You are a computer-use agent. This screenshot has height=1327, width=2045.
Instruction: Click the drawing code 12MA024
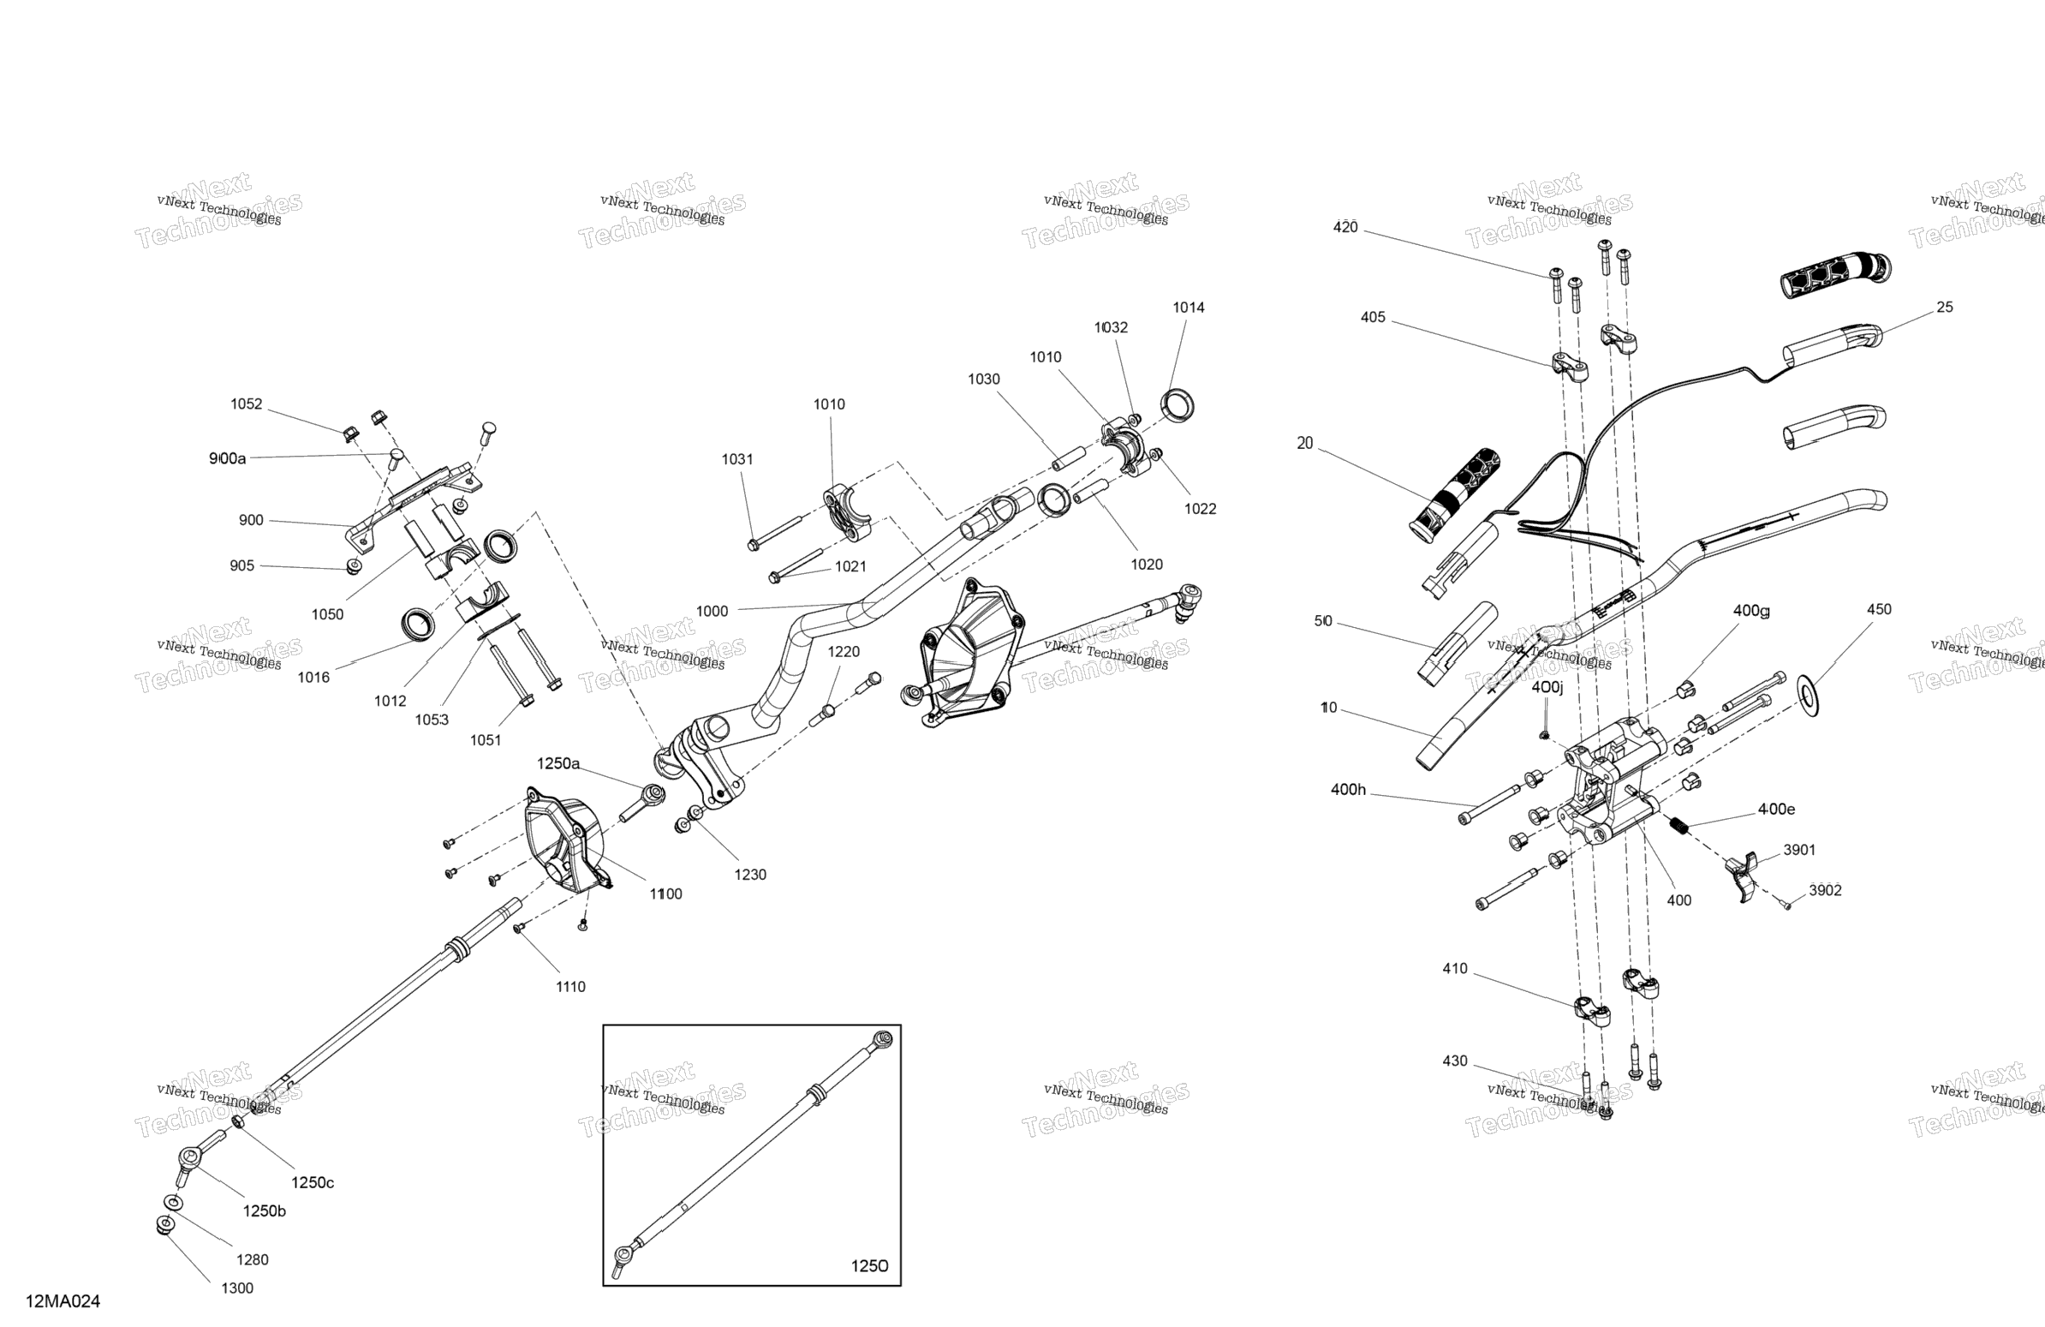click(x=63, y=1301)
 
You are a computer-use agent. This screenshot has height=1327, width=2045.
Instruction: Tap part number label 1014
click(x=1189, y=308)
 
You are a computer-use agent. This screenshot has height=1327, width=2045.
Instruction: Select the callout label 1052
click(x=246, y=404)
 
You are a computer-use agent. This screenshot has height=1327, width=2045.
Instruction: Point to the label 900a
click(x=228, y=459)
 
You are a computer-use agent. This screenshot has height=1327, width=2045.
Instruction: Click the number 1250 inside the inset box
click(x=869, y=1266)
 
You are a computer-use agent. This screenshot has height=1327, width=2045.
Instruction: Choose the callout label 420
click(x=1345, y=227)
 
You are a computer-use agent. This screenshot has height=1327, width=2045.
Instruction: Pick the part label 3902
click(x=1825, y=890)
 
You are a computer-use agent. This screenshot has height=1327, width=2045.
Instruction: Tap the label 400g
click(x=1751, y=611)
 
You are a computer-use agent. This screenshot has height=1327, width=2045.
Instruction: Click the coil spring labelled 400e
click(x=1679, y=826)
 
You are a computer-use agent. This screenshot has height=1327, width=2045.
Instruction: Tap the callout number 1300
click(x=237, y=1288)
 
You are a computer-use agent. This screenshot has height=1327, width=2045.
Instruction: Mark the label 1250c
click(x=312, y=1182)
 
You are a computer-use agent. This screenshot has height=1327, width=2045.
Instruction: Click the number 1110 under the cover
click(x=570, y=987)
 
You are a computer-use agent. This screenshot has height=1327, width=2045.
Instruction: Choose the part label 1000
click(x=712, y=611)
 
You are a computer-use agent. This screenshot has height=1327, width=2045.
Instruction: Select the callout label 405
click(x=1373, y=317)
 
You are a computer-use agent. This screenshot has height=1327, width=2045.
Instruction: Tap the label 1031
click(x=737, y=460)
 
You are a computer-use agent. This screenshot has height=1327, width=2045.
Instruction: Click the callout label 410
click(x=1455, y=969)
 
